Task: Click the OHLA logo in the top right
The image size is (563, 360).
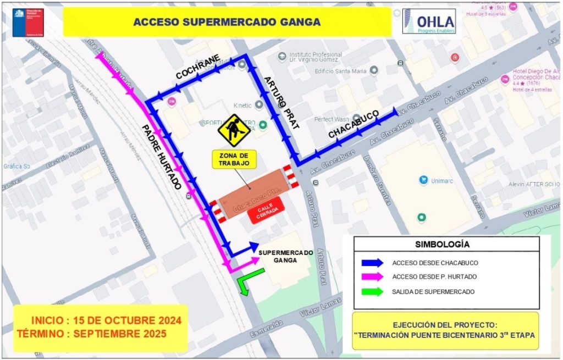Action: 429,21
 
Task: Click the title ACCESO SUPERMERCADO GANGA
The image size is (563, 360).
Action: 227,23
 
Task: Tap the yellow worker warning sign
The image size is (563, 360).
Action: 234,130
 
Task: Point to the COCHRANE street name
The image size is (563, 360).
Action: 198,67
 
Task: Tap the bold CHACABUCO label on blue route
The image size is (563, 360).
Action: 354,125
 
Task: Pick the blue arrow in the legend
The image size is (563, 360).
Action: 371,262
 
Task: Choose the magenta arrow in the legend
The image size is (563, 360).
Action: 371,277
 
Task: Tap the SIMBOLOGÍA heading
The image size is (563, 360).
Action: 446,243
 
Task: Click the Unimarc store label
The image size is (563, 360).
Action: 440,180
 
